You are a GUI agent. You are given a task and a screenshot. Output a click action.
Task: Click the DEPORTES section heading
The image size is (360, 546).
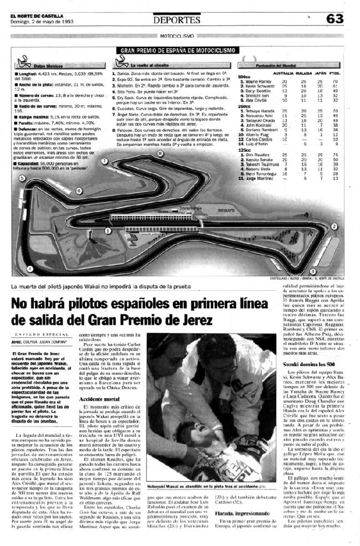177,20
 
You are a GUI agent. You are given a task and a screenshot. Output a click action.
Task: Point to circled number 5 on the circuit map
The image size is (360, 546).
22,178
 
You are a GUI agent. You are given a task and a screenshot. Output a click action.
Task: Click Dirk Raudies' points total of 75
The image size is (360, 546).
335,155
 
